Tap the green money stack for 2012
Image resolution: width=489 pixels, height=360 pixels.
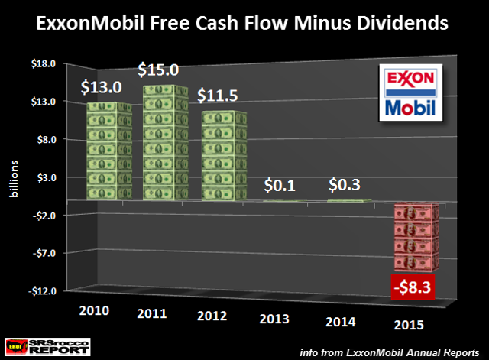point(223,157)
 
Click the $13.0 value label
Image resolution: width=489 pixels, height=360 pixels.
point(101,88)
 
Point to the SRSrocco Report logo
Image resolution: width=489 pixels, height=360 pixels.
point(47,345)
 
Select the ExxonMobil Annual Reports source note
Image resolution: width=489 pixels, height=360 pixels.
point(401,351)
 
